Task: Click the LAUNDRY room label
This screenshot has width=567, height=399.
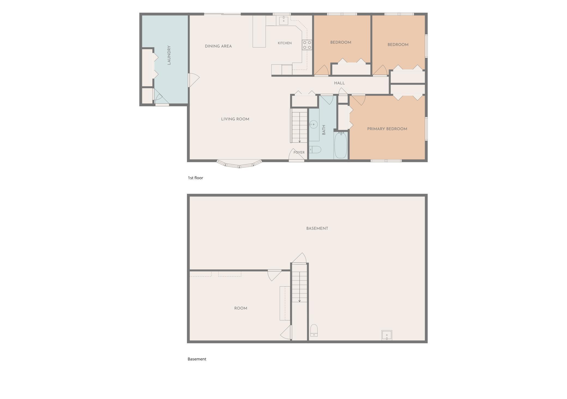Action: click(x=169, y=55)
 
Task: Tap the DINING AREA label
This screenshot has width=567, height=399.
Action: click(x=218, y=46)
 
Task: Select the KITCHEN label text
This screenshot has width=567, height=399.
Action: click(x=285, y=43)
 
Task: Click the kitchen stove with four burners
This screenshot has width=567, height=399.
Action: click(x=307, y=45)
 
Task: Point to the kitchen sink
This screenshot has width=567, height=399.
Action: click(x=284, y=20)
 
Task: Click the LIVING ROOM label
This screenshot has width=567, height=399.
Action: click(x=235, y=119)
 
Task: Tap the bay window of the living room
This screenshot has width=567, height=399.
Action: click(x=239, y=164)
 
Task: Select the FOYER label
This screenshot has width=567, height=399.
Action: click(x=299, y=152)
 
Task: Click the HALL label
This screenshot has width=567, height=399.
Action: click(x=339, y=83)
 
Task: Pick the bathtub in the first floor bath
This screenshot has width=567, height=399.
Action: click(x=340, y=145)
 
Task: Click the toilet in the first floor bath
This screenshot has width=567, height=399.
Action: click(x=315, y=149)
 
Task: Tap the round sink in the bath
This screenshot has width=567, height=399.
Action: click(x=313, y=124)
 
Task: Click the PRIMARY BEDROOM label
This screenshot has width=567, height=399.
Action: click(x=387, y=129)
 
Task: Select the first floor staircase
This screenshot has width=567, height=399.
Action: click(x=299, y=125)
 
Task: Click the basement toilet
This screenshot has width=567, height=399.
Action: click(x=314, y=331)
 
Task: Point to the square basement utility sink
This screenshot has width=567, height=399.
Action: click(x=387, y=335)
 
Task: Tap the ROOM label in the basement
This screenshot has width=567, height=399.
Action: click(x=241, y=308)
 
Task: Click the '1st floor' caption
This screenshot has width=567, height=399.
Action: click(x=195, y=178)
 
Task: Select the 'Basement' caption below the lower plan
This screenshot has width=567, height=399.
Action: click(x=197, y=359)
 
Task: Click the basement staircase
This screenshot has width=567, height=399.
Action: click(x=300, y=287)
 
